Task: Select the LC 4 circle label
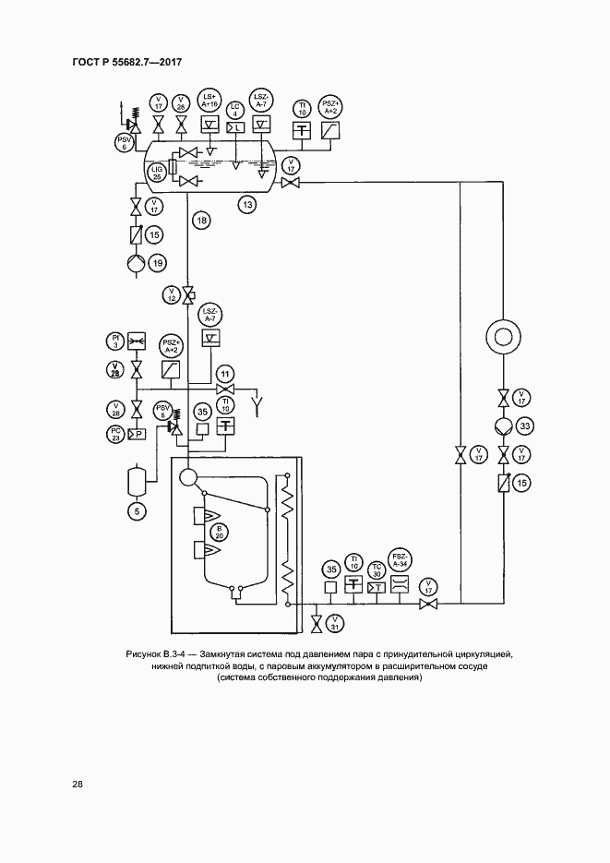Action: [x=235, y=107]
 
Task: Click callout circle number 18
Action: [x=201, y=220]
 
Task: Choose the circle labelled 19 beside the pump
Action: [x=158, y=264]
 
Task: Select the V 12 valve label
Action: [x=170, y=294]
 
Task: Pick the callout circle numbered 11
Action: [x=224, y=373]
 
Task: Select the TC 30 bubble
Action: [x=377, y=569]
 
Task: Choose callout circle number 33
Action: [x=525, y=426]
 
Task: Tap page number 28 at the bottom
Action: [x=78, y=785]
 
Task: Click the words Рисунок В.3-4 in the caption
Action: [x=158, y=654]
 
